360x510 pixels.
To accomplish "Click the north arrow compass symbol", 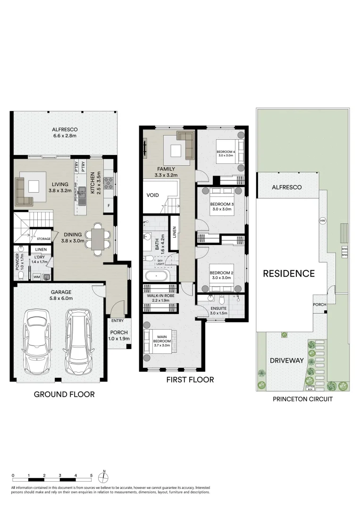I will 104,475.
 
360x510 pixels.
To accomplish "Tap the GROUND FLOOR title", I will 64,394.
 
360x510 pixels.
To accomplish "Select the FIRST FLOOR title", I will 190,380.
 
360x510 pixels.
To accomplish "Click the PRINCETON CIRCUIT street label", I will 303,399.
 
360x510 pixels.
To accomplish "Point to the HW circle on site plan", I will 323,221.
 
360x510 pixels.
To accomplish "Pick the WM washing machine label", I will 36,277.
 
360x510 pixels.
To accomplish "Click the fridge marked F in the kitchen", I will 109,206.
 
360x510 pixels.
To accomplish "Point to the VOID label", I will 153,195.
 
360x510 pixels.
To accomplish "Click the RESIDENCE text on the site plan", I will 288,273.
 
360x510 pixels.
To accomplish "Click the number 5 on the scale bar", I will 91,475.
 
